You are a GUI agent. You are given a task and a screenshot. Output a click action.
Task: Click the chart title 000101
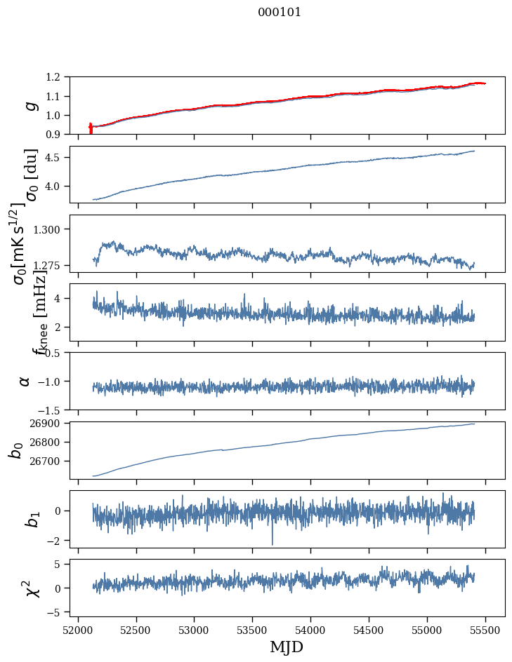pyautogui.click(x=280, y=13)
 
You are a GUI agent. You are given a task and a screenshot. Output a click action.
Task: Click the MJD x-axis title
pyautogui.click(x=287, y=647)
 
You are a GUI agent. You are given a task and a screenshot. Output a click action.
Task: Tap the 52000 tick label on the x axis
pyautogui.click(x=78, y=630)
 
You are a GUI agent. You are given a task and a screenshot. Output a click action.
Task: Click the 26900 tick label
pyautogui.click(x=48, y=424)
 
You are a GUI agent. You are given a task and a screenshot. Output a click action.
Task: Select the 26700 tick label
pyautogui.click(x=48, y=461)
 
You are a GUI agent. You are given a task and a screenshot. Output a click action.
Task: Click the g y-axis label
pyautogui.click(x=30, y=105)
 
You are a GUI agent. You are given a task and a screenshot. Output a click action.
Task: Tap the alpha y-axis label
pyautogui.click(x=25, y=381)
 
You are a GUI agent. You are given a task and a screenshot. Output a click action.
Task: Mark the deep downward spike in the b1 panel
pyautogui.click(x=273, y=543)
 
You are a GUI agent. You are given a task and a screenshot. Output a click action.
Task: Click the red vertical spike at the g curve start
pyautogui.click(x=91, y=129)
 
